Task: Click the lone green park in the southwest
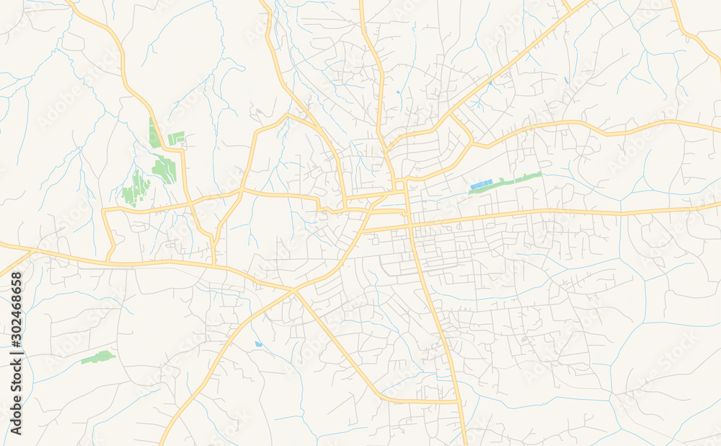pyautogui.click(x=97, y=357)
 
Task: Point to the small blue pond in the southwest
pyautogui.click(x=258, y=344)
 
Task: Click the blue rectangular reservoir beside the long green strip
pyautogui.click(x=480, y=185)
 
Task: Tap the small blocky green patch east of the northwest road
pyautogui.click(x=176, y=137)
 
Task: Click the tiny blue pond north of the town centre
pyautogui.click(x=398, y=92)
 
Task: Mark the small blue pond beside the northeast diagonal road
pyautogui.click(x=490, y=82)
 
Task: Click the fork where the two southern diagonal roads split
pyautogui.click(x=294, y=291)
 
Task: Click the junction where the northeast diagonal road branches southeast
pyautogui.click(x=451, y=115)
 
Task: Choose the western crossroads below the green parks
pyautogui.click(x=192, y=206)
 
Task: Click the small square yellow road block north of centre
pyautogui.click(x=399, y=186)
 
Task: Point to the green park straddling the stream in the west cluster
pyautogui.click(x=164, y=170)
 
